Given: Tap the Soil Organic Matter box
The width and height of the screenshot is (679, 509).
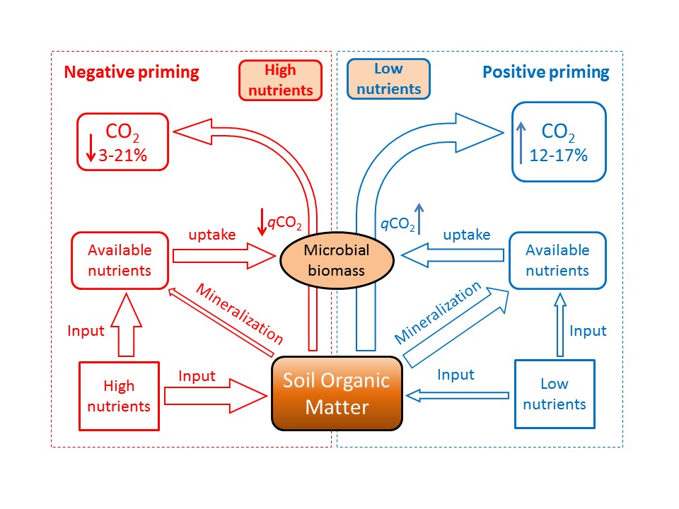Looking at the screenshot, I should point(337,394).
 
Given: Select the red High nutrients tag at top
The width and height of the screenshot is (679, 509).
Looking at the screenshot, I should point(280,80).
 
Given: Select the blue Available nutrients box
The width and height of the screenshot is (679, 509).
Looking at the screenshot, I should point(557,259).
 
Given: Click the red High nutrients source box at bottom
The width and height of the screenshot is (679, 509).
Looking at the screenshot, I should point(119,397).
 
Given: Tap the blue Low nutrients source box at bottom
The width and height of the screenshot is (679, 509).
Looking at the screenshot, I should point(555,394).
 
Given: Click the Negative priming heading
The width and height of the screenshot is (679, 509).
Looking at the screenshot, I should point(132,72).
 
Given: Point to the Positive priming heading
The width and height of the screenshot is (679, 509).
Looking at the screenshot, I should point(545,72).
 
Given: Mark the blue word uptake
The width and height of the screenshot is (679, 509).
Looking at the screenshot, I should point(466,235).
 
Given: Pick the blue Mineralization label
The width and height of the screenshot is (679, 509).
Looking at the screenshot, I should point(439,311).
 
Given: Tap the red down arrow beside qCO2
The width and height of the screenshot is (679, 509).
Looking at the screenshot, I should point(262,221).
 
